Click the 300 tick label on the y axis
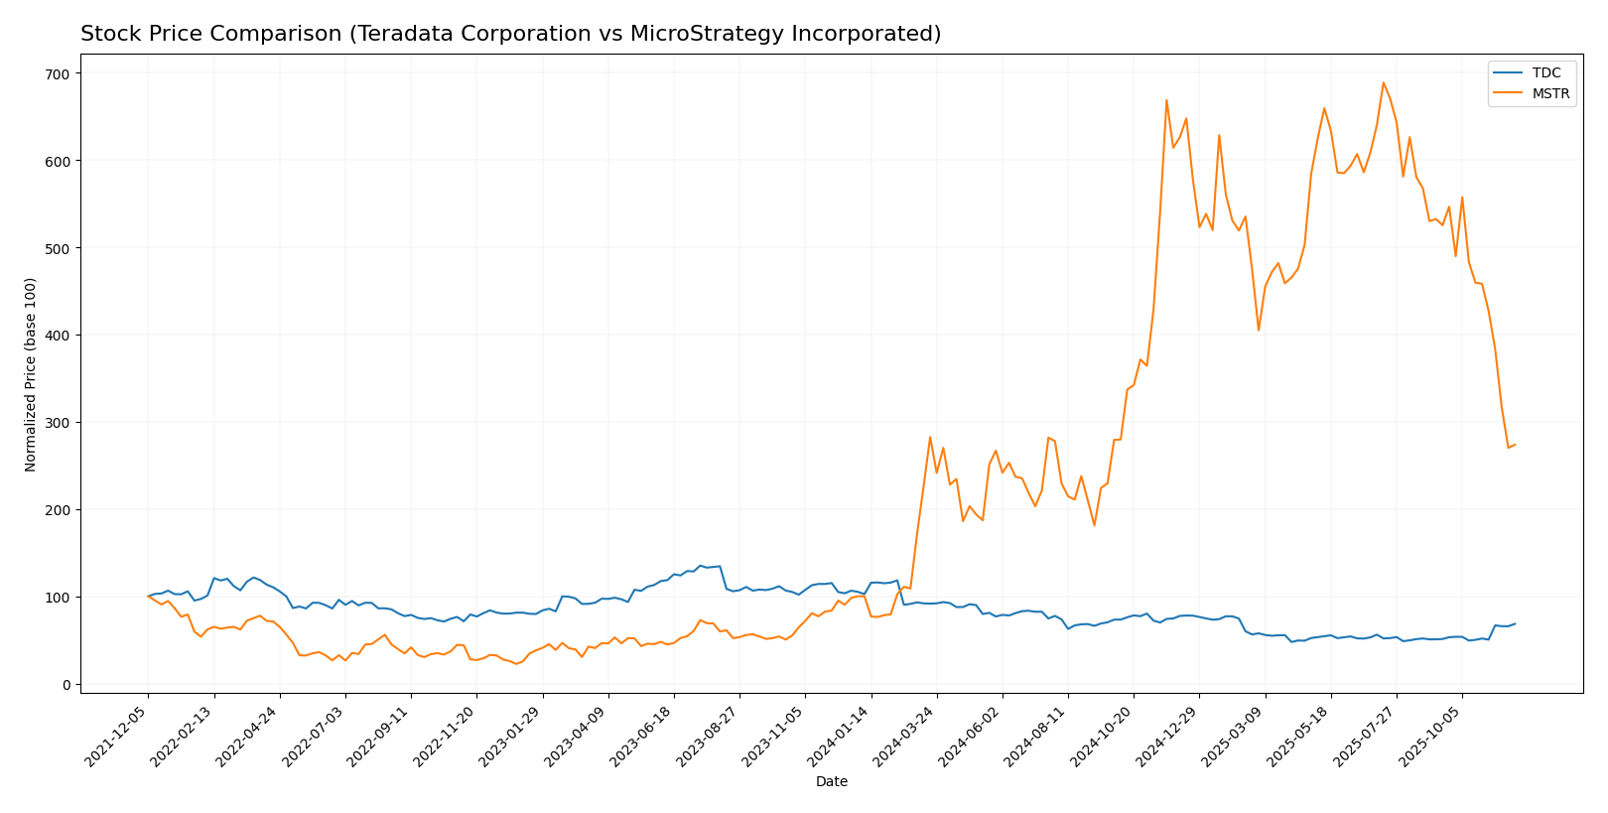[x=59, y=423]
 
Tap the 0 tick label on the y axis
[x=66, y=685]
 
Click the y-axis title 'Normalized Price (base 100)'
[x=31, y=374]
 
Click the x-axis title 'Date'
[x=831, y=782]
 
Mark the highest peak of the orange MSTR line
[x=1383, y=82]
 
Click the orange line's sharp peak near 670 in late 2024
[x=1166, y=100]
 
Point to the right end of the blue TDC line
[x=1515, y=624]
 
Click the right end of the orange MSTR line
[x=1515, y=445]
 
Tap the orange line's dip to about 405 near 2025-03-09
[x=1259, y=331]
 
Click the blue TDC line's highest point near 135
[x=700, y=566]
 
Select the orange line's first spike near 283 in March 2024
[x=930, y=437]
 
